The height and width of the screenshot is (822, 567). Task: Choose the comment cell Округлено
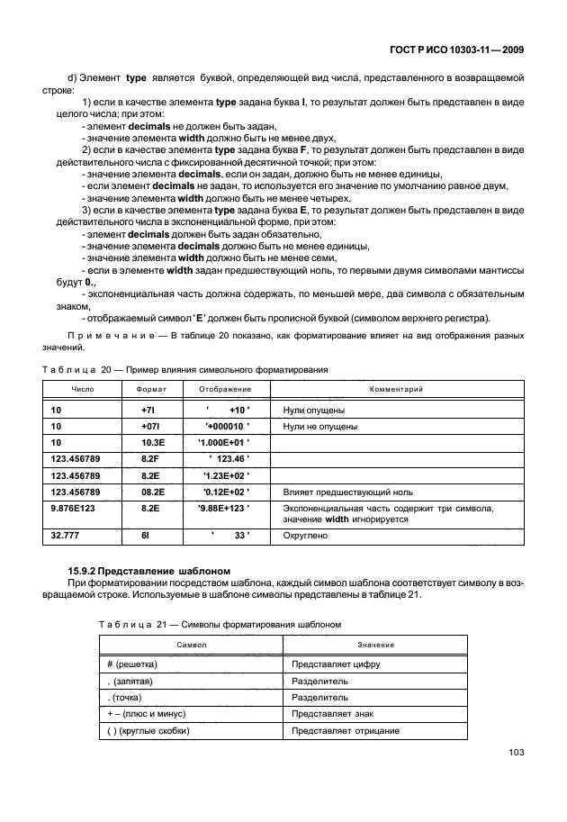click(x=305, y=536)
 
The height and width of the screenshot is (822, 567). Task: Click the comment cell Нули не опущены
click(x=320, y=426)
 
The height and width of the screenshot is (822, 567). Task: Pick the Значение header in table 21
click(x=374, y=645)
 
